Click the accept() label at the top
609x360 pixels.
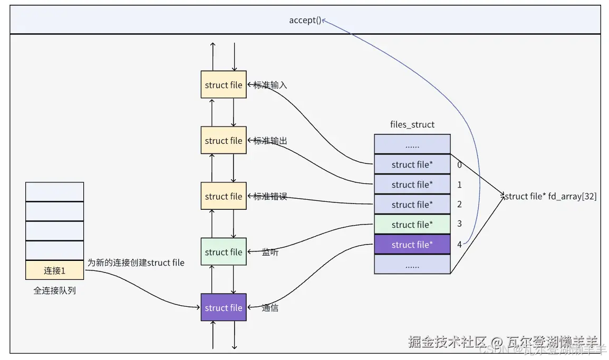coord(305,21)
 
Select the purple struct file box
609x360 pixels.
coord(224,308)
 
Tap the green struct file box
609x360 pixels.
coord(224,252)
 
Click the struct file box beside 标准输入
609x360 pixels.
coord(224,85)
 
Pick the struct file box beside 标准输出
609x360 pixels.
coord(224,141)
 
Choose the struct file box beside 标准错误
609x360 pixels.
coord(224,196)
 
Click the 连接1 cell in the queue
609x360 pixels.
coord(54,270)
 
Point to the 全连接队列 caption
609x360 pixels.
coord(54,290)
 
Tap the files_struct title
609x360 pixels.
coord(412,125)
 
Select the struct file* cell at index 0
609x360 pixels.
coord(412,164)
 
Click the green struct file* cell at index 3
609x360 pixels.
coord(412,225)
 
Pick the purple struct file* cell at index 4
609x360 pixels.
coord(412,245)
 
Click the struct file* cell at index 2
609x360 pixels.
coord(412,205)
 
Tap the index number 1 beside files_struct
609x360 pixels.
coord(459,184)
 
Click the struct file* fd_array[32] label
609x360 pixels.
coord(550,197)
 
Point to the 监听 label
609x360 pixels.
coord(270,252)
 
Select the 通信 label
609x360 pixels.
coord(270,308)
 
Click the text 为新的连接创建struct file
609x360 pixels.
coord(136,262)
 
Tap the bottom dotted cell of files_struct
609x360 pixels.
coord(412,266)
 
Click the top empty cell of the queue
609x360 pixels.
coord(54,192)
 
